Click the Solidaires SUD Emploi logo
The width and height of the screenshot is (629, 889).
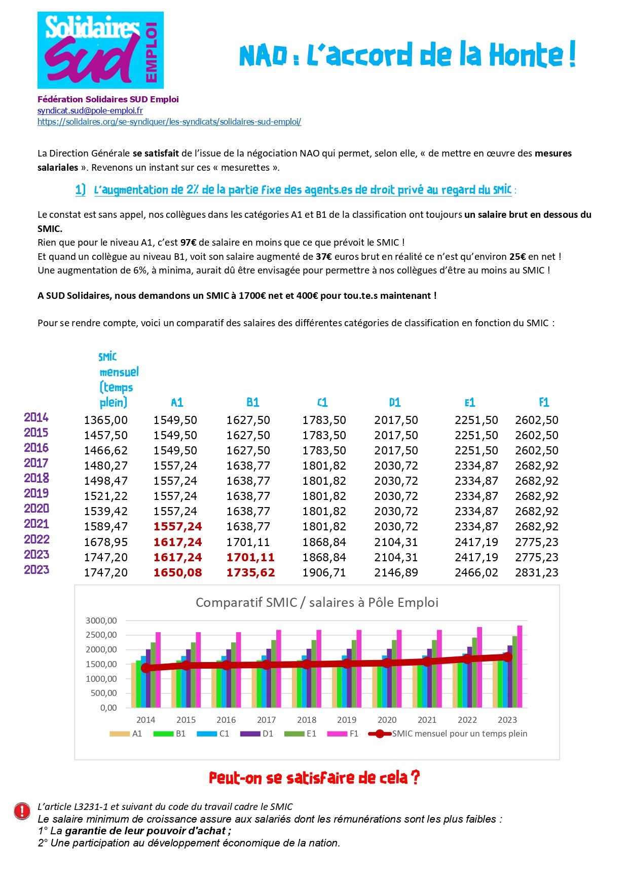tap(100, 50)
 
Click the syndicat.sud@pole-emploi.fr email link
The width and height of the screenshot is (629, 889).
tap(90, 110)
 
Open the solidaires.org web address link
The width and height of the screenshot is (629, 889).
tap(169, 122)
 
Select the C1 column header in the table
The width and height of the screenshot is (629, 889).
tap(322, 403)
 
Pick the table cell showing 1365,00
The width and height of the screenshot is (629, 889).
tap(105, 420)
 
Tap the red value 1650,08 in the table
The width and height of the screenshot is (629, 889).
tap(177, 572)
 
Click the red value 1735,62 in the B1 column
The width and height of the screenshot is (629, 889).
tap(250, 572)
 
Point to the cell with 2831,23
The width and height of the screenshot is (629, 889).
tap(537, 572)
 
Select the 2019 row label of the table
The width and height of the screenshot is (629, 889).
tap(36, 493)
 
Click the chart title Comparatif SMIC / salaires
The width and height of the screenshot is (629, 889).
tap(317, 602)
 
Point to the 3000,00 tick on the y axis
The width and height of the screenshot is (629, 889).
tap(101, 621)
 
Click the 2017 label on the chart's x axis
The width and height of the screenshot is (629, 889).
tap(266, 720)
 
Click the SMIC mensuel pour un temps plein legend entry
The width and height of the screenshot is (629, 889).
tap(448, 733)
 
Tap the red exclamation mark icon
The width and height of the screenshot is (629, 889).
tap(22, 811)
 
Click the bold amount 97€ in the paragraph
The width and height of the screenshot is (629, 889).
tap(189, 243)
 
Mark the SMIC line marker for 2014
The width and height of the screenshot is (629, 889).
tap(146, 668)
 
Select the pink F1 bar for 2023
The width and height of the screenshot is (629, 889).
tap(520, 666)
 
